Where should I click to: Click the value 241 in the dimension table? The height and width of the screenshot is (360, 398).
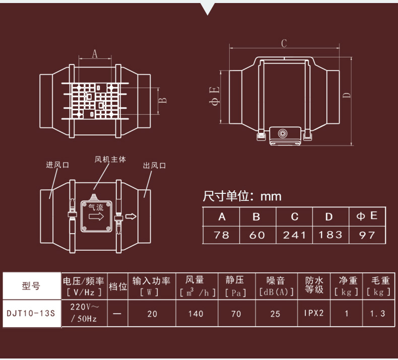coord(295,235)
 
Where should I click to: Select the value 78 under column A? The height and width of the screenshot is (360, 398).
coord(221,235)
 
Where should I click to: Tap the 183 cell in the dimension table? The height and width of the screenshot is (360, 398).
coord(330,235)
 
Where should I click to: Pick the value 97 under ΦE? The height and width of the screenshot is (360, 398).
coord(367,235)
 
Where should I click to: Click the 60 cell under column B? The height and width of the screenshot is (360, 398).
coord(257,235)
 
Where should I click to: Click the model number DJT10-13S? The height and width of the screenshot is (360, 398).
coord(31,313)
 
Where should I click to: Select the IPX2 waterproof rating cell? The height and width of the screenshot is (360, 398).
coord(313,313)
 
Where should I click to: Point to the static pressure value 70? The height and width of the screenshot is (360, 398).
coord(236,314)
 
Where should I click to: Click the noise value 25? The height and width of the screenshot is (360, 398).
coord(275,314)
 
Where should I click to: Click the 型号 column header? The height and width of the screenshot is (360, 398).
coord(31,286)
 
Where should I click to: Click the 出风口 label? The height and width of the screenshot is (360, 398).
coord(154,165)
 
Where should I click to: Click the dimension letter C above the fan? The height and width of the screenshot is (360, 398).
coord(284,43)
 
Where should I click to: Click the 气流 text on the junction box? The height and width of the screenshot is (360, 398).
coord(96,206)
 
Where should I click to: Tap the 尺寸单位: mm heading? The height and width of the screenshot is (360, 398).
coord(242,196)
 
